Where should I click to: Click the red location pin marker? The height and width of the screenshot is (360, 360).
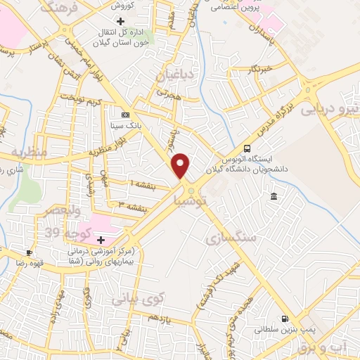pos(181,166)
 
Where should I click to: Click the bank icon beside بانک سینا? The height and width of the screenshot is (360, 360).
pos(125,115)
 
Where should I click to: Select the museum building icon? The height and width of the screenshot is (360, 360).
pos(273,195)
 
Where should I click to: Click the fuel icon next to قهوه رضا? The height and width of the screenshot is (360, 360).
pos(29,252)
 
